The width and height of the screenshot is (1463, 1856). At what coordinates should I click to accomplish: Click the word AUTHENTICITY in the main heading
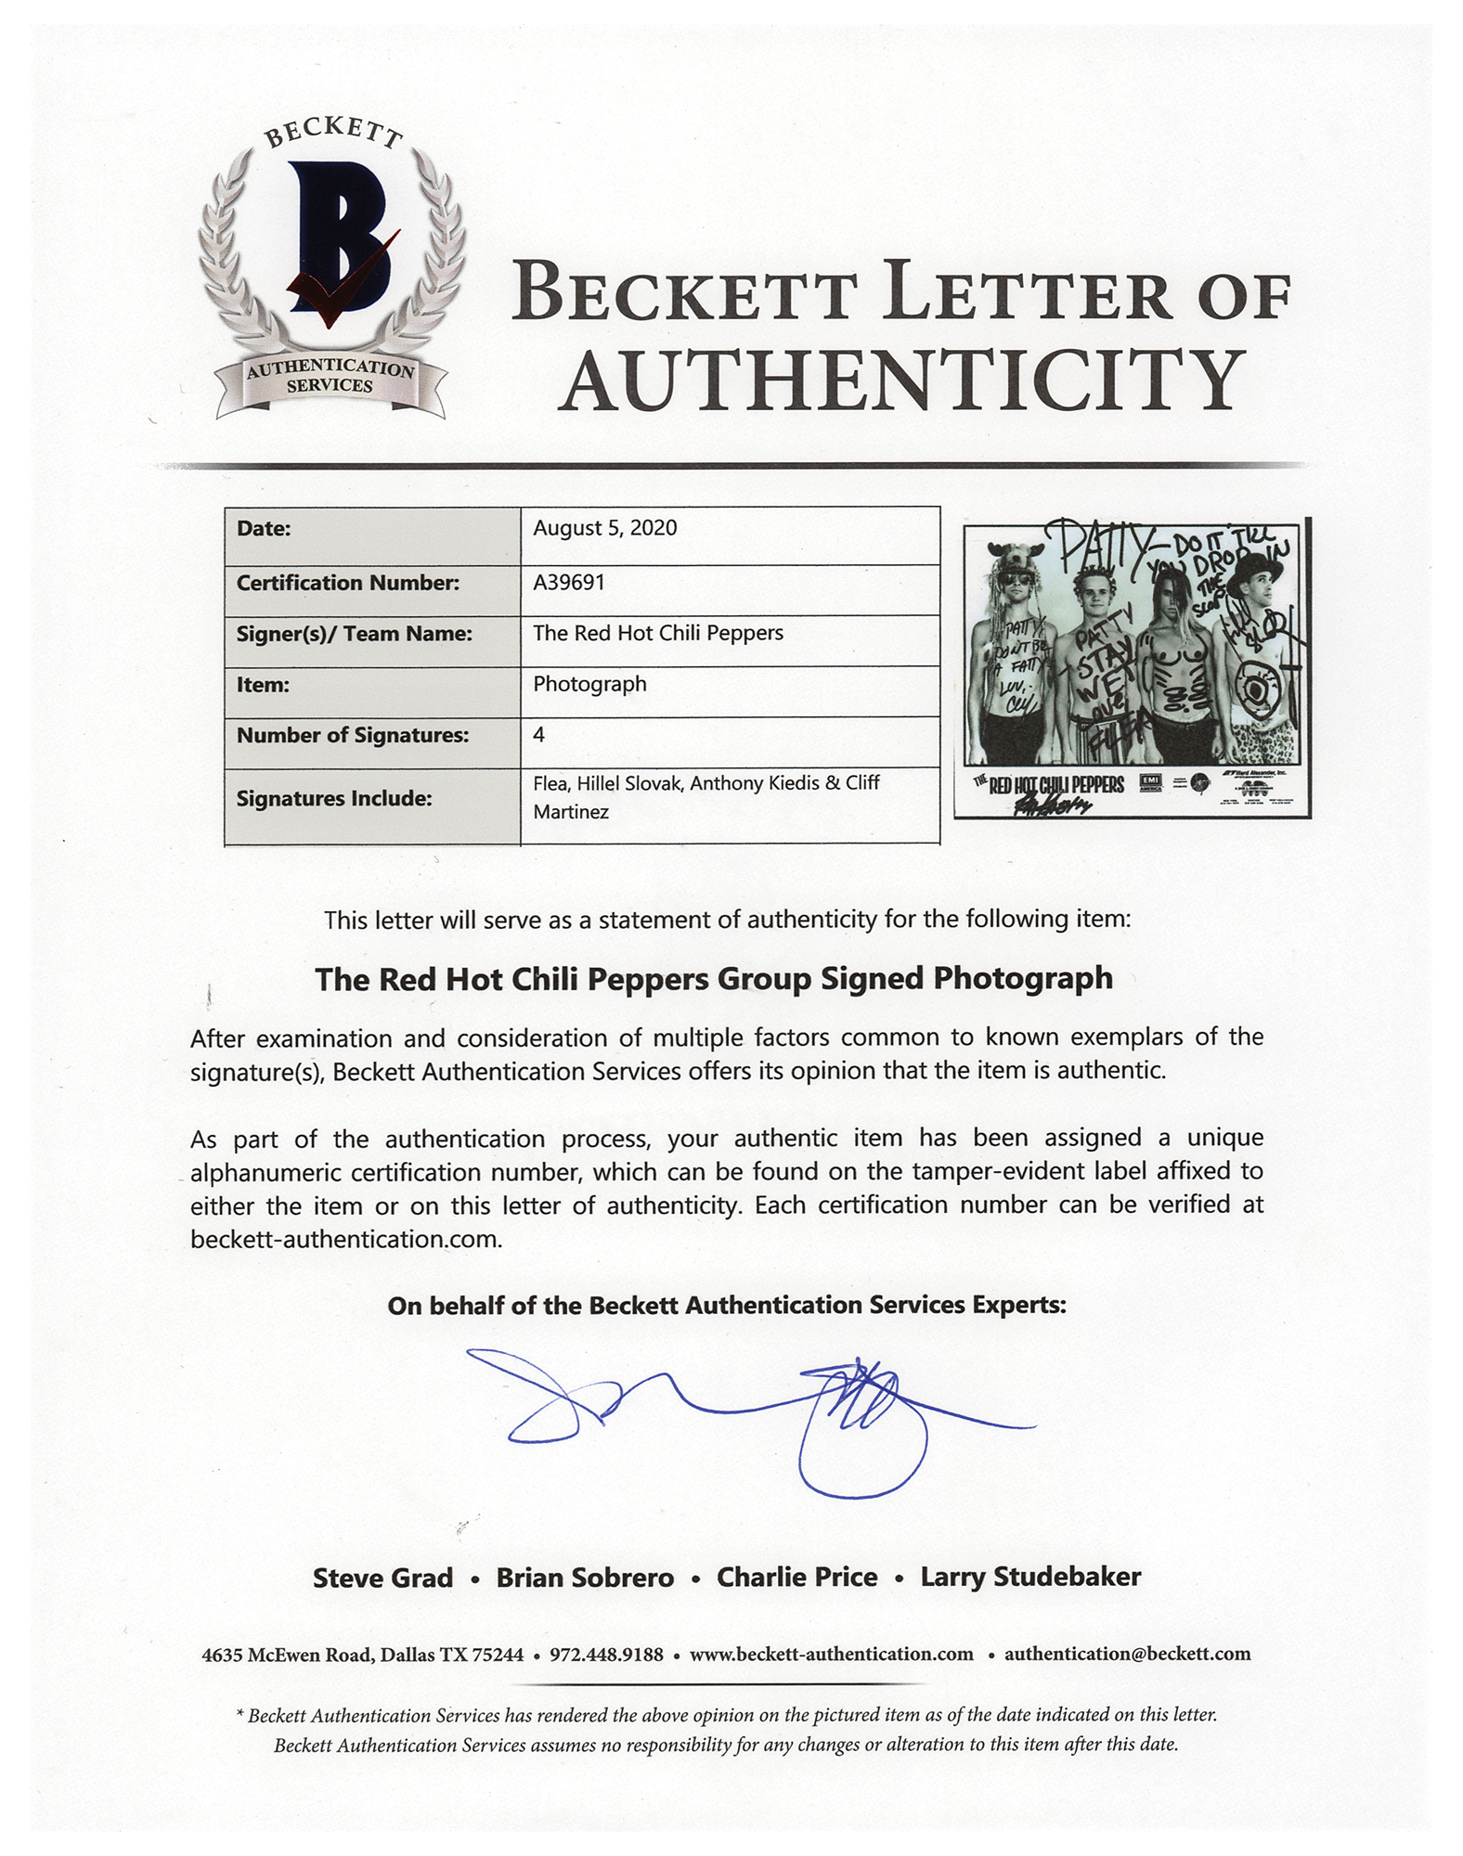pos(903,380)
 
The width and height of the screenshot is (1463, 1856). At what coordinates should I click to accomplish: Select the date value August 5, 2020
pos(604,529)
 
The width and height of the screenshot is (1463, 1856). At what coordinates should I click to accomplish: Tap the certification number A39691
pos(568,583)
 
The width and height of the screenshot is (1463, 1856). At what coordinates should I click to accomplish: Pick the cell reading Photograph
pos(589,685)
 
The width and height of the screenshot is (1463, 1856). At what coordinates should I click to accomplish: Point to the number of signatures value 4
pos(539,735)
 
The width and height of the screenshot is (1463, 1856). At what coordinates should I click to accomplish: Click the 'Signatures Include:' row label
pos(333,798)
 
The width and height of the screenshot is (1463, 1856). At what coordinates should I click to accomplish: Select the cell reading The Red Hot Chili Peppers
pos(657,634)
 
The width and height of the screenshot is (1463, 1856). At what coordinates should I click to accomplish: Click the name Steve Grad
pos(382,1579)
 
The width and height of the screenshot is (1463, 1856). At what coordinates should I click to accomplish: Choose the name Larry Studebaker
pos(1030,1578)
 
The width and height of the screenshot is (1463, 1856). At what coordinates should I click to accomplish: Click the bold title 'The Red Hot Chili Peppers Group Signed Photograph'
pos(713,979)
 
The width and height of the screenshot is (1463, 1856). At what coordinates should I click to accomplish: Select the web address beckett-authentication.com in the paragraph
pos(345,1240)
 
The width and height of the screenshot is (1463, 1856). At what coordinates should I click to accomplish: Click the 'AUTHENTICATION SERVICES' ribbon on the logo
pos(330,378)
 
